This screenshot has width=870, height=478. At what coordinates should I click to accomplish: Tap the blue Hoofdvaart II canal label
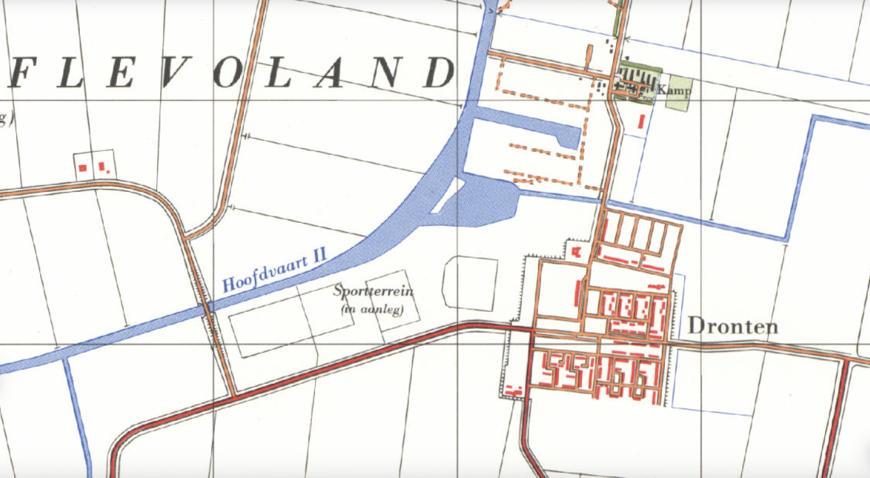(274, 271)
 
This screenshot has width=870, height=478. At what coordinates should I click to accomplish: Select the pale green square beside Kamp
(679, 93)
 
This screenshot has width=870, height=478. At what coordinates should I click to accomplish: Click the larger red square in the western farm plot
(82, 168)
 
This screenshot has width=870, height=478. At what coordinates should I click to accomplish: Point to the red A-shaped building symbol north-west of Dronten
(576, 252)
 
